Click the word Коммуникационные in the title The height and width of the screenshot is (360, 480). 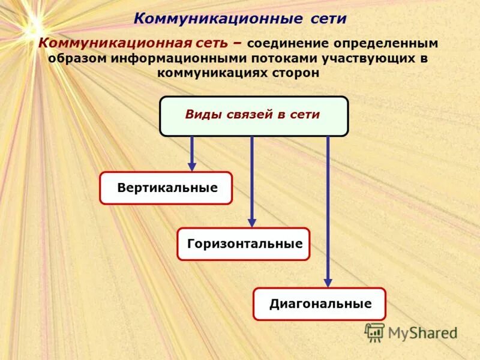click(x=218, y=18)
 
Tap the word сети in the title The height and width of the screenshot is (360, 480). click(x=329, y=18)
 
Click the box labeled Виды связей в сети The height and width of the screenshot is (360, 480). click(x=253, y=116)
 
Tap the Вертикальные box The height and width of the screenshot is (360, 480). click(x=166, y=188)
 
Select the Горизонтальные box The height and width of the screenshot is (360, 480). click(x=244, y=244)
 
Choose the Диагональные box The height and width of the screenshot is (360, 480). click(x=319, y=304)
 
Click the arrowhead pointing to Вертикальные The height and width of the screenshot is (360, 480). click(x=192, y=166)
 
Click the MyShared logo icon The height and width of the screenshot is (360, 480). click(x=375, y=332)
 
